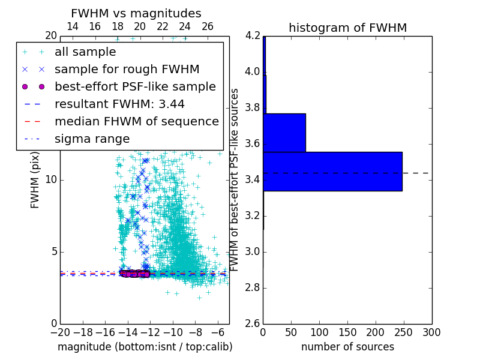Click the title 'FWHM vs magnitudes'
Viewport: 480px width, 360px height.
(x=136, y=14)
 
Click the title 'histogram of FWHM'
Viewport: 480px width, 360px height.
(x=347, y=28)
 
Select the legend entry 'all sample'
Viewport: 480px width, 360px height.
(x=85, y=52)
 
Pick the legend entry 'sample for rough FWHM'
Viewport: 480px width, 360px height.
(x=127, y=70)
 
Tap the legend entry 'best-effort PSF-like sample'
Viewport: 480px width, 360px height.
(x=135, y=87)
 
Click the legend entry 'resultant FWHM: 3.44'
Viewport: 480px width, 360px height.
(x=119, y=104)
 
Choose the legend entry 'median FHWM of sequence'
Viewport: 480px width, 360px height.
(x=136, y=122)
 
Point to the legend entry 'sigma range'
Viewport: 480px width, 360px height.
(x=92, y=139)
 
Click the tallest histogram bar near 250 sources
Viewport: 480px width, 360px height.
(x=332, y=172)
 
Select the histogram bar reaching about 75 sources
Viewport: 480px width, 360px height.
(x=284, y=133)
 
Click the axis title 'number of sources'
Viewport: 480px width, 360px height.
(x=347, y=347)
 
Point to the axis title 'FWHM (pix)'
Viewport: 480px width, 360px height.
(x=35, y=179)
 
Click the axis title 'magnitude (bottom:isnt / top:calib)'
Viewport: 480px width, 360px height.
(x=145, y=347)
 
